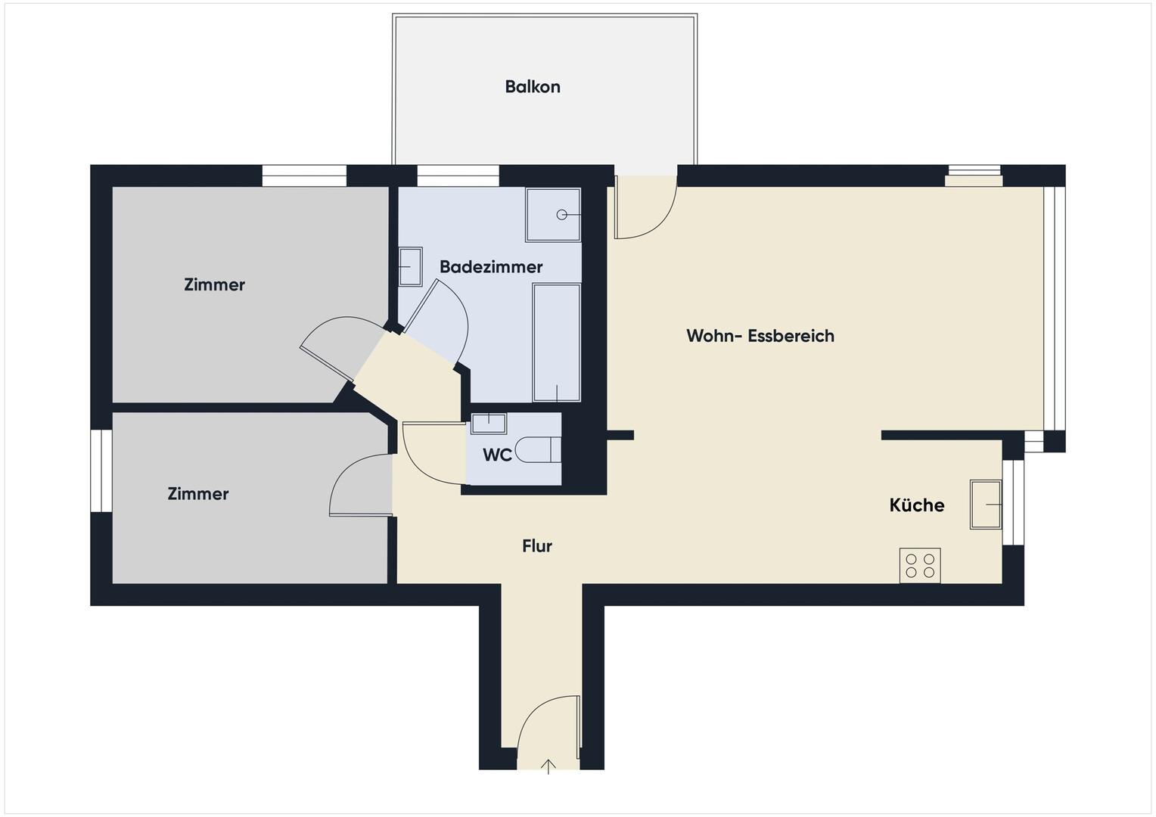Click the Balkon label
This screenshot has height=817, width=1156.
click(x=533, y=87)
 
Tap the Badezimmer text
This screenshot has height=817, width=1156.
click(x=491, y=267)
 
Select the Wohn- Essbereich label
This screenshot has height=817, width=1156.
click(x=760, y=336)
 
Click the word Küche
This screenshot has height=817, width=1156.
click(x=916, y=505)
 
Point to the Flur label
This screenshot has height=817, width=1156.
click(x=536, y=545)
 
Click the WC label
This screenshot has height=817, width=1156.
click(x=498, y=455)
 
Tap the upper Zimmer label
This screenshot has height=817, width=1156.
click(x=214, y=284)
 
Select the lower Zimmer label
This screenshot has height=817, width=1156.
click(x=197, y=494)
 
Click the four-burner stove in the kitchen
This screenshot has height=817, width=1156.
click(x=920, y=565)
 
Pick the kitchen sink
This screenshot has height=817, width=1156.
click(x=986, y=505)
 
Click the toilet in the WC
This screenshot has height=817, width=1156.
click(x=538, y=449)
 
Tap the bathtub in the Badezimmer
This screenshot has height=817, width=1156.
click(x=556, y=342)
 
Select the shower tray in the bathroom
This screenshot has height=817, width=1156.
click(x=553, y=215)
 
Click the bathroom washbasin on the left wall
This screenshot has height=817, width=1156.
click(x=410, y=266)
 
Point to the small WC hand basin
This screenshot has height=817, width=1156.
click(x=489, y=423)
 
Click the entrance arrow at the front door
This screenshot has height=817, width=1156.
click(x=548, y=766)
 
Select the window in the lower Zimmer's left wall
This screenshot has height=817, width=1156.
click(x=101, y=471)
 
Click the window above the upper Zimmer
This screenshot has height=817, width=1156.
click(x=304, y=176)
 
